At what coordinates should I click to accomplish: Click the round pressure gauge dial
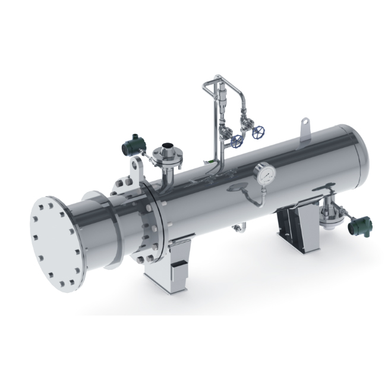coord(264,174)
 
